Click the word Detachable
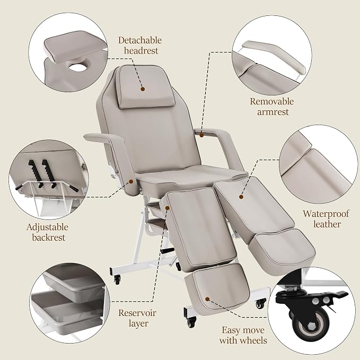[140, 40]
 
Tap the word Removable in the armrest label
[272, 101]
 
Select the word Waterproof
[326, 214]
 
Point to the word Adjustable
[47, 227]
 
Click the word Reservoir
[137, 313]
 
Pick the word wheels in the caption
[254, 340]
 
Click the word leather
[327, 224]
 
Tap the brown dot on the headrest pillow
[143, 89]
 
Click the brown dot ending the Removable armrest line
[201, 135]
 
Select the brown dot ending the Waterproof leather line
[241, 197]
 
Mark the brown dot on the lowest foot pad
[207, 299]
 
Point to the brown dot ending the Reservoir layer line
[168, 208]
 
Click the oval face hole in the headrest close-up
[77, 67]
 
